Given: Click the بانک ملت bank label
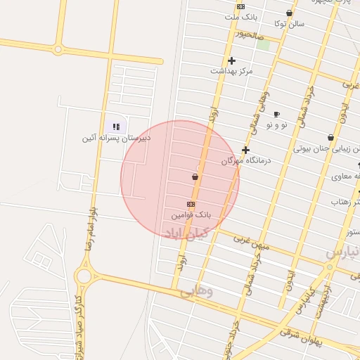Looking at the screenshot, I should click(238, 16).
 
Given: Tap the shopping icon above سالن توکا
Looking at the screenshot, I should click(289, 13).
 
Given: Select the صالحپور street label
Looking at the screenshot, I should click(249, 33).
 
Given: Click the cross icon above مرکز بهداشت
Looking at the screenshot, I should click(231, 60).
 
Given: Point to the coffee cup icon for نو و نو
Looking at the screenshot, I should click(276, 114).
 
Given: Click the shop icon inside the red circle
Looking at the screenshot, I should click(195, 176).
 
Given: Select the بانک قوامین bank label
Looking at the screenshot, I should click(191, 212).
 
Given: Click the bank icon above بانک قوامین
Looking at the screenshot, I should click(191, 203).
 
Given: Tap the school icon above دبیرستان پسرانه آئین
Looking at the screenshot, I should click(117, 127).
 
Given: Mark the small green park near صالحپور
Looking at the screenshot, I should click(263, 44).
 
